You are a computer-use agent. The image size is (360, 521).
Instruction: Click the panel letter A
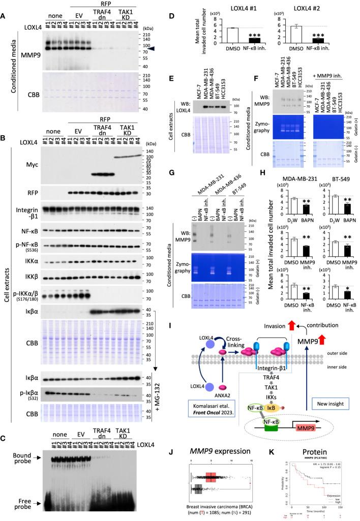[x=5, y=5]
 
